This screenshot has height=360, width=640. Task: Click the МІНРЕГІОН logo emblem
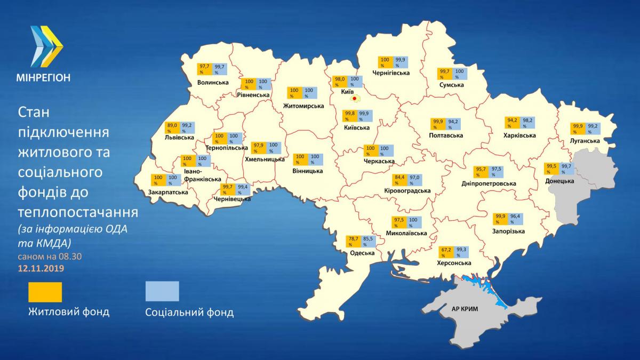(47, 46)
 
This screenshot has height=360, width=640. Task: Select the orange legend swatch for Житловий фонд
(45, 292)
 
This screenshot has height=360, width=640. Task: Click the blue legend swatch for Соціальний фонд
(162, 292)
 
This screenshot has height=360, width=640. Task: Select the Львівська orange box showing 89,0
(172, 127)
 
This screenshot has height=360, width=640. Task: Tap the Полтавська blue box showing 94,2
(453, 124)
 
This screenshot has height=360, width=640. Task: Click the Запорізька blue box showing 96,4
(516, 219)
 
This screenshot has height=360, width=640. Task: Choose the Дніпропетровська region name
(489, 183)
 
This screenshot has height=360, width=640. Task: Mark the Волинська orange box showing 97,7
(205, 69)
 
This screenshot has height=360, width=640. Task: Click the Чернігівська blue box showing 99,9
(400, 62)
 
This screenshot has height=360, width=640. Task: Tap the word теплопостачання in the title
(78, 212)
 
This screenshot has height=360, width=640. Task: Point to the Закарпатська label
(169, 191)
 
